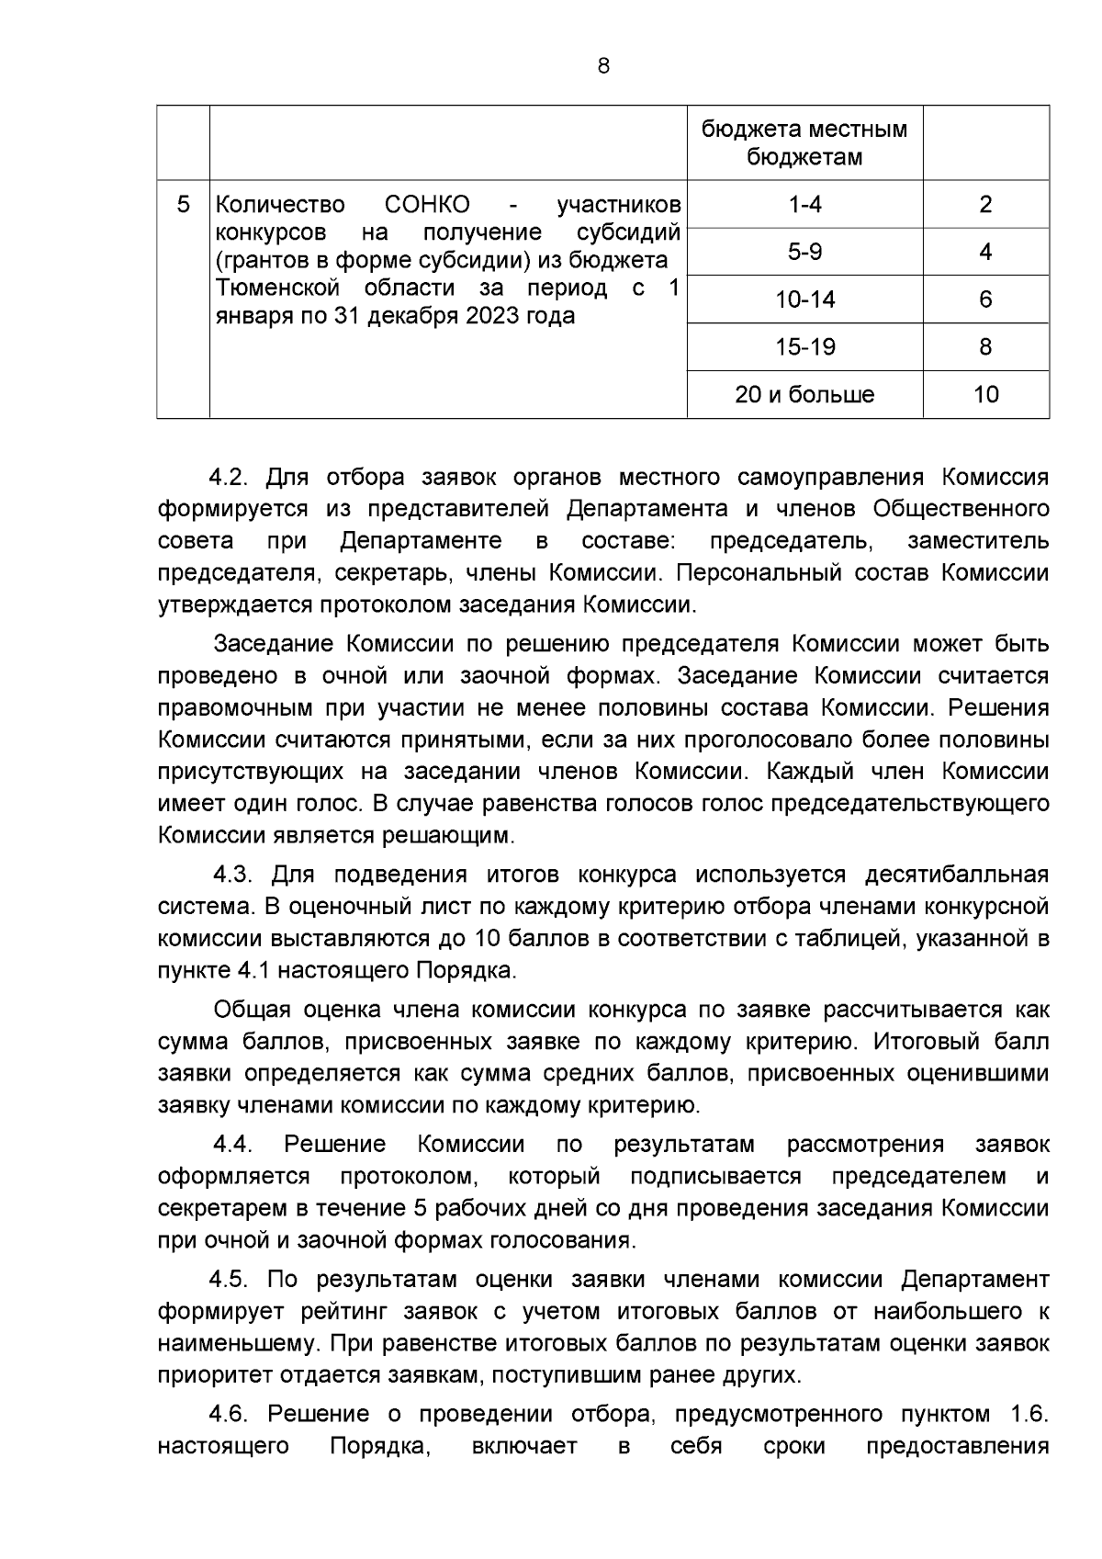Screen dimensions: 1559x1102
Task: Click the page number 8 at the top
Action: coord(602,66)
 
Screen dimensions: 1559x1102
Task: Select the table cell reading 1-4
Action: coord(804,204)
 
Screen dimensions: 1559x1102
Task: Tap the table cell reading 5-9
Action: coord(804,252)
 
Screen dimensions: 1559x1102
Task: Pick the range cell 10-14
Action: coord(804,299)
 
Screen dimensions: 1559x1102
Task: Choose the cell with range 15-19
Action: coord(804,347)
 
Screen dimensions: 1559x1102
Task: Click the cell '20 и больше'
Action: coord(804,395)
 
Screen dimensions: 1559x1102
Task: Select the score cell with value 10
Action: coord(985,395)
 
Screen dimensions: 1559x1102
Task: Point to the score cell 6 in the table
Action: coord(985,299)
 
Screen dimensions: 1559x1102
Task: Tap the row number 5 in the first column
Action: coord(183,204)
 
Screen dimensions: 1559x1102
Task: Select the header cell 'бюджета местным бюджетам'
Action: coord(804,142)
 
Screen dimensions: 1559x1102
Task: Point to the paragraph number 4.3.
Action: coord(232,874)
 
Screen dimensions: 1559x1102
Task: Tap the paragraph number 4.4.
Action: coord(232,1145)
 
